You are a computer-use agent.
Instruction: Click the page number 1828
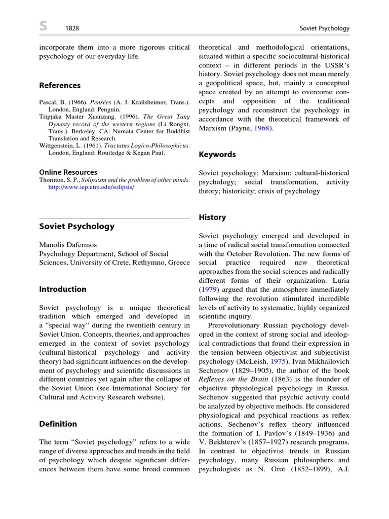[72, 28]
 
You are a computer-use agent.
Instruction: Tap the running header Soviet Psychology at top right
[325, 28]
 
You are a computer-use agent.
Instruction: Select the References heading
[60, 85]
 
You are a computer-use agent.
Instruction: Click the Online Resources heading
[68, 172]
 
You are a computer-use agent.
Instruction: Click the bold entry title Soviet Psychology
[76, 226]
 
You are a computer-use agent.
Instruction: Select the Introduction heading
[63, 289]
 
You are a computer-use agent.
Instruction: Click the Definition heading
[58, 424]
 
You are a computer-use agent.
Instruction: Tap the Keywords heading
[217, 154]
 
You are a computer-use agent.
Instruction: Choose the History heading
[212, 217]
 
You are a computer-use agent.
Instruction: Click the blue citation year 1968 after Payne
[263, 128]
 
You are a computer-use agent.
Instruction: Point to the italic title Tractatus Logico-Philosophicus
[139, 145]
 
